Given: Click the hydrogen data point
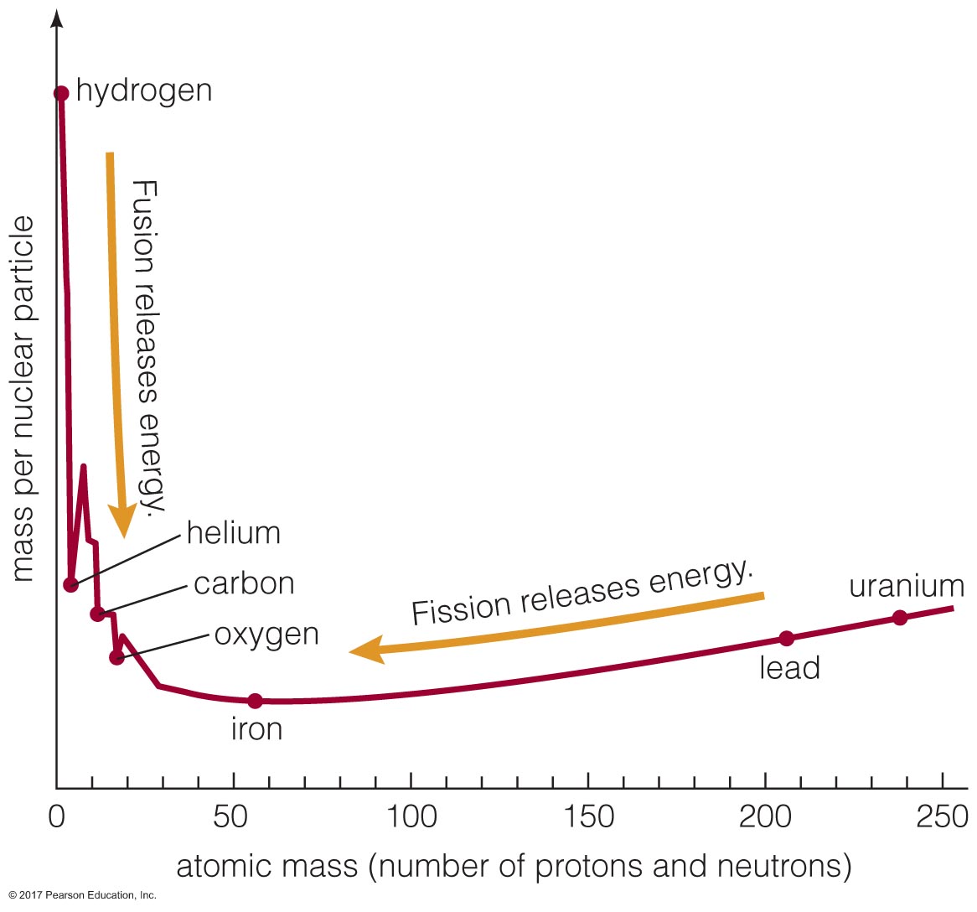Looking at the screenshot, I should tap(61, 93).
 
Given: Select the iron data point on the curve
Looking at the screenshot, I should tap(255, 701).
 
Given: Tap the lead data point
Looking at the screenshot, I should tap(786, 639).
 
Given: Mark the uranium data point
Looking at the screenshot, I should tap(899, 618).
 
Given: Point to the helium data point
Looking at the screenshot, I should tap(71, 584).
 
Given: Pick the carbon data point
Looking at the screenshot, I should tap(97, 614).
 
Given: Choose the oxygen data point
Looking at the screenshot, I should tap(116, 657).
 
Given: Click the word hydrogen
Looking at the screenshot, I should tap(144, 91).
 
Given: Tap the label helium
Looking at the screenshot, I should tap(233, 533).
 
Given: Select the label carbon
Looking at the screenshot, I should tap(244, 583).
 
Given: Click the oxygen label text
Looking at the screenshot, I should tap(266, 634).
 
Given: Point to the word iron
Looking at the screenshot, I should tap(256, 729).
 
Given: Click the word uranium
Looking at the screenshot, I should tap(907, 586).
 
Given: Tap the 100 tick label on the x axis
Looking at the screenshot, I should tap(412, 816).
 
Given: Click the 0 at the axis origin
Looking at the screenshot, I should tap(57, 816).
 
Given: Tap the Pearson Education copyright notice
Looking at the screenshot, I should tap(82, 895).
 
